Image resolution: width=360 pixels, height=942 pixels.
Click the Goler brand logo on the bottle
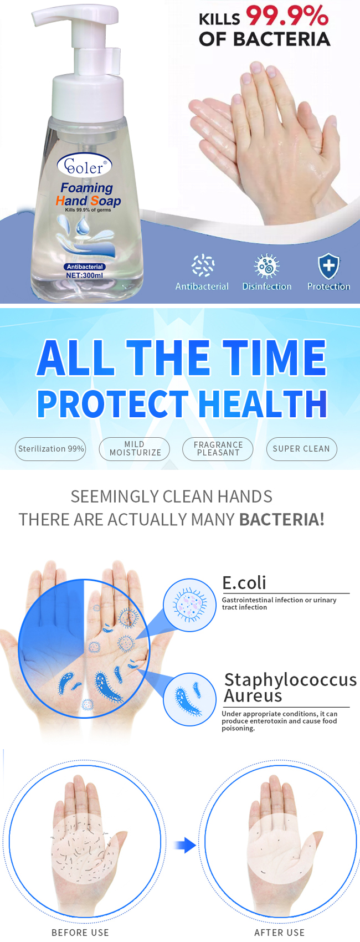point(85,166)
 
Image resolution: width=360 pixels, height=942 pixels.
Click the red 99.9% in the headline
point(287,16)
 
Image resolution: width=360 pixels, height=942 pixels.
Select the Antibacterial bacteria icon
point(203,266)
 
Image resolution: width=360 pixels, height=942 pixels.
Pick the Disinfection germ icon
point(266,266)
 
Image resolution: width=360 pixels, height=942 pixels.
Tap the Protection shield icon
point(328,266)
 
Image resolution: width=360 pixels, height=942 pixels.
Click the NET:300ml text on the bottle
point(85,275)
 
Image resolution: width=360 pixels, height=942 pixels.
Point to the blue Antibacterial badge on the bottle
point(85,267)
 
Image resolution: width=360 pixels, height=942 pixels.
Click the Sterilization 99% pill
point(50,449)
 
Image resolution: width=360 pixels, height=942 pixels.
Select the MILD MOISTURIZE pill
point(135,449)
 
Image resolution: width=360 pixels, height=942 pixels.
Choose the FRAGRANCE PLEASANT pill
point(218,449)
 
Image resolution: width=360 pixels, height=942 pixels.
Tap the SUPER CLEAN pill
point(301,449)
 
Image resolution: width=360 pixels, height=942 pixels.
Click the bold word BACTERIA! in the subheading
point(282,519)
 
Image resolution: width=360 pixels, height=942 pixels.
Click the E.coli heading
point(244,583)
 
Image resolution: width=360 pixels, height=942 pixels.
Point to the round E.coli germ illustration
point(189,605)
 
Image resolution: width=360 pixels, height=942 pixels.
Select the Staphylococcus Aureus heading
point(290,687)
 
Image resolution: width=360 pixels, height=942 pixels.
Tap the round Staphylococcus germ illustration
point(189,699)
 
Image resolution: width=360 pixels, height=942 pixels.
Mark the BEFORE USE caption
point(80,933)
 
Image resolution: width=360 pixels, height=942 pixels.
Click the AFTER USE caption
point(279,933)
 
